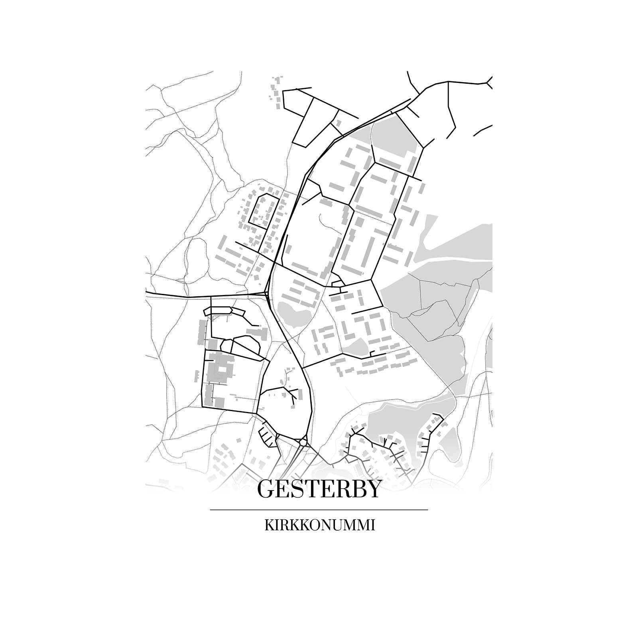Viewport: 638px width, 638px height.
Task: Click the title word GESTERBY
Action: coord(319,489)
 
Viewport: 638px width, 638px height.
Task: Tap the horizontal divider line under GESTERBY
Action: coord(319,510)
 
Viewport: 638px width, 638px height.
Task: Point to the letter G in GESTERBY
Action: coord(268,489)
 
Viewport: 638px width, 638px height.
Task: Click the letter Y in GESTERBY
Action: coord(372,489)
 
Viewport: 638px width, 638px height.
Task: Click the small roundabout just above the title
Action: coord(303,442)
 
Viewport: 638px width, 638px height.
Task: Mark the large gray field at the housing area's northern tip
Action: coord(393,136)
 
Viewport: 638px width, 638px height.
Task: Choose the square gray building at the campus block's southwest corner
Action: coord(219,402)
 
